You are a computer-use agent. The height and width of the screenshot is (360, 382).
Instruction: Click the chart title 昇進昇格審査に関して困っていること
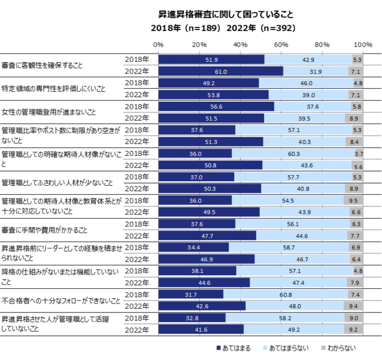coord(226,13)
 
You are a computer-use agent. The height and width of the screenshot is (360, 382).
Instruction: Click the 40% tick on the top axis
coord(240,45)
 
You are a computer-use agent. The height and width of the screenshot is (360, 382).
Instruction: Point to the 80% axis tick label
coord(322,45)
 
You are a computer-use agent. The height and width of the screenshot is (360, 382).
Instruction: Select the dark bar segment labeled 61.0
coord(220,71)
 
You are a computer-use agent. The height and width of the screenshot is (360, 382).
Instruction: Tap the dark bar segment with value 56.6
coord(216,106)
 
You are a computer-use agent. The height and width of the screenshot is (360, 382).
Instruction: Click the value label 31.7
coord(190,294)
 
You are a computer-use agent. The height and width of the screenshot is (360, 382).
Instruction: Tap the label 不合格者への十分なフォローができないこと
coord(61,300)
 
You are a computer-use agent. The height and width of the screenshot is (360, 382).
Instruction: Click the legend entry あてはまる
coord(234,349)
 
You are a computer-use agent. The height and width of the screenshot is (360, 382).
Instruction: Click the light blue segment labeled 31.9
coord(316,71)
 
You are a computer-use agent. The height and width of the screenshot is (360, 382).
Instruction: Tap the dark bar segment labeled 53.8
coord(213,95)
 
